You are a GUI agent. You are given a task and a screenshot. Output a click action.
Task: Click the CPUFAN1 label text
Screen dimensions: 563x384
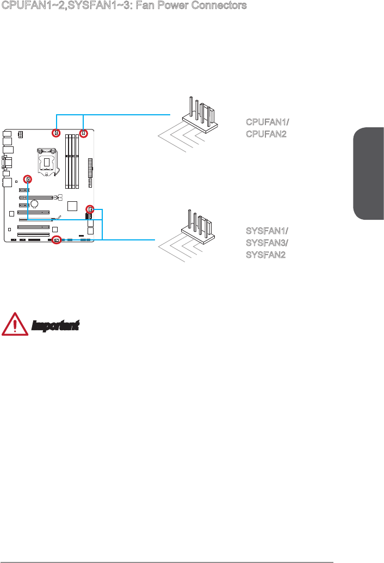(x=265, y=122)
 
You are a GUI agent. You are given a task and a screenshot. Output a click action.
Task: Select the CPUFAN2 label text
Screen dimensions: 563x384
(x=264, y=134)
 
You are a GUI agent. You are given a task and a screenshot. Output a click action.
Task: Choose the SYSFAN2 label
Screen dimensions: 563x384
(x=265, y=255)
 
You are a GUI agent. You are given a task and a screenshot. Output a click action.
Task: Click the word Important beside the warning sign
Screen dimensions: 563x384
(x=55, y=326)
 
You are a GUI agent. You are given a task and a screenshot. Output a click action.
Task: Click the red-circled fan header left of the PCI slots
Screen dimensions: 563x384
(x=27, y=179)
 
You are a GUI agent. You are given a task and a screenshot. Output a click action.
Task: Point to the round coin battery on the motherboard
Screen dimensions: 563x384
(x=34, y=205)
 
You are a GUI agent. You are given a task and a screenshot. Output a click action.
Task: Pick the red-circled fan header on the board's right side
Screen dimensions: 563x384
(x=90, y=209)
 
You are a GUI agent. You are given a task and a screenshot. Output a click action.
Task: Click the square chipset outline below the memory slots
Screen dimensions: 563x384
(x=72, y=206)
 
